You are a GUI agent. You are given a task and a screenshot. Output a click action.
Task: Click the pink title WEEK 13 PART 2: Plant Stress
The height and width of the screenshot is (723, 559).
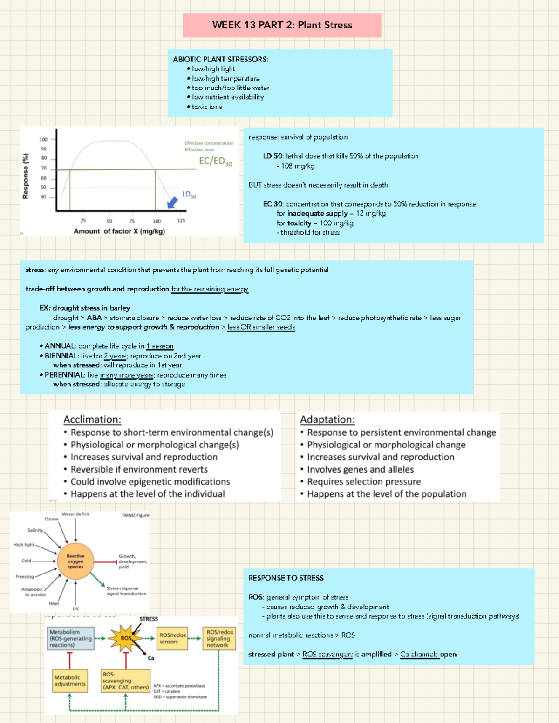pos(282,25)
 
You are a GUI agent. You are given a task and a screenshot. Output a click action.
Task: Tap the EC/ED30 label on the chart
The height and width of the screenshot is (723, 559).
pos(215,161)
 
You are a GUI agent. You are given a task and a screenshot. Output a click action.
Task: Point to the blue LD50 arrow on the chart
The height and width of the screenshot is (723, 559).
pos(172,202)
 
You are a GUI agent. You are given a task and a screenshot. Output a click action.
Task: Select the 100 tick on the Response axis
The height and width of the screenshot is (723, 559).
pos(43,139)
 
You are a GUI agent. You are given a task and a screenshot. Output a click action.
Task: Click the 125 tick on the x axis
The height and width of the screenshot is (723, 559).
pos(181,221)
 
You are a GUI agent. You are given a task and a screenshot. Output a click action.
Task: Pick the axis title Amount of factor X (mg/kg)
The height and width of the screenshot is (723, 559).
pos(119,231)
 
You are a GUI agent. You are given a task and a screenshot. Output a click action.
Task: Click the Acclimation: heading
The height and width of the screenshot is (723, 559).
pos(92,419)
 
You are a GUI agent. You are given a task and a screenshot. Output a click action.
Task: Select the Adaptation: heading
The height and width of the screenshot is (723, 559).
pos(327,419)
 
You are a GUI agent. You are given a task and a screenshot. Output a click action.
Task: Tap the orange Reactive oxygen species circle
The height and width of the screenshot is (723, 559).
pos(75,561)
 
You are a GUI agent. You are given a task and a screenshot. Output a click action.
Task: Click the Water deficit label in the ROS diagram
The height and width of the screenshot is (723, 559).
pos(75,514)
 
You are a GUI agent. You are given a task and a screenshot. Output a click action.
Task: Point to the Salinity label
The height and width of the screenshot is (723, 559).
pos(35,530)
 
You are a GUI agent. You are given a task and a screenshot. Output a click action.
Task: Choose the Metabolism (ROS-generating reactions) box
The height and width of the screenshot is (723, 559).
pos(70,638)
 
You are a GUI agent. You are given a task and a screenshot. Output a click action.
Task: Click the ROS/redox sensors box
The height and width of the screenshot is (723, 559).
pos(172,638)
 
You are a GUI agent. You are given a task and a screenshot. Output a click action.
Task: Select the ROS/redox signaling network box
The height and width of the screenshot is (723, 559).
pos(219,638)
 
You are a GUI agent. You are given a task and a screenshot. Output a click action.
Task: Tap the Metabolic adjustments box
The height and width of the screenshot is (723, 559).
pos(70,681)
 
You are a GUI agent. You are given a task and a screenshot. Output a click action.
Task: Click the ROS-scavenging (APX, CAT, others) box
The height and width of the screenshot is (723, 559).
pos(125,681)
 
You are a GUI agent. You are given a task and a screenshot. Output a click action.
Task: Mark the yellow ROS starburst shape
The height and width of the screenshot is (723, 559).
pos(125,638)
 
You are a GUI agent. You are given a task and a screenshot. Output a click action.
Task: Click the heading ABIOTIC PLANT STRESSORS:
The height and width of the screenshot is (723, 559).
pos(220,59)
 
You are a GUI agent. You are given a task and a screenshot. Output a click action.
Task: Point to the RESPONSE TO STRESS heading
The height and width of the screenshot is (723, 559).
pos(286,578)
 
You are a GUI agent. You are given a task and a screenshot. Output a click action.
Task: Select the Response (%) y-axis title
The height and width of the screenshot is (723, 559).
pos(26,176)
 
